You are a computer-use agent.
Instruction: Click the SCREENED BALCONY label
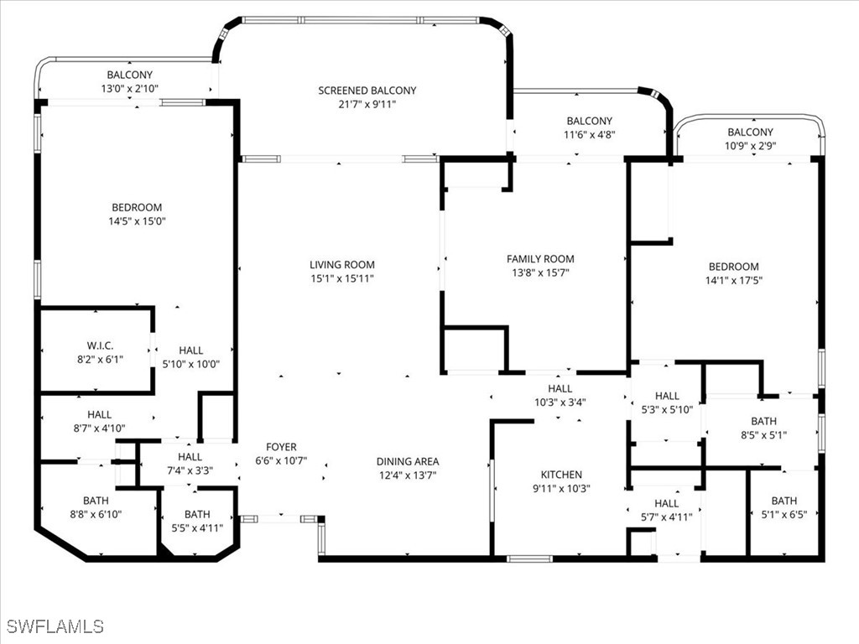(367, 91)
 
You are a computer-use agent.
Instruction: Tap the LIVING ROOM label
(341, 265)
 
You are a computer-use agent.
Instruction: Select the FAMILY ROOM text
(540, 259)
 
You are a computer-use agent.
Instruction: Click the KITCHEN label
(561, 475)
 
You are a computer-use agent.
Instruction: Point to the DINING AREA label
(407, 461)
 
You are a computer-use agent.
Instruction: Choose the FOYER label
(281, 447)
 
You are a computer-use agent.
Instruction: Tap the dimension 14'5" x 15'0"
(137, 221)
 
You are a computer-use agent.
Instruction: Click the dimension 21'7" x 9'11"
(367, 105)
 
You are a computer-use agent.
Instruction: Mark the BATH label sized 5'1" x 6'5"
(784, 501)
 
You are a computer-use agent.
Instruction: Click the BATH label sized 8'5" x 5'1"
(763, 421)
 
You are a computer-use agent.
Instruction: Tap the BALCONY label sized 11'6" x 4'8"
(589, 121)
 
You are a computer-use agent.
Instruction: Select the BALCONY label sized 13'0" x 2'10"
(130, 75)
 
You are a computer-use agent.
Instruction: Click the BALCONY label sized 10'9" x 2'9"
(750, 132)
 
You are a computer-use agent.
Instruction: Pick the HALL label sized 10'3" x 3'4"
(560, 388)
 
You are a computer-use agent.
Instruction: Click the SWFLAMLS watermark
(55, 626)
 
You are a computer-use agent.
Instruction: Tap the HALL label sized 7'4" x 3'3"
(190, 456)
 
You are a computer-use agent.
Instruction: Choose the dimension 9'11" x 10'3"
(561, 489)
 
